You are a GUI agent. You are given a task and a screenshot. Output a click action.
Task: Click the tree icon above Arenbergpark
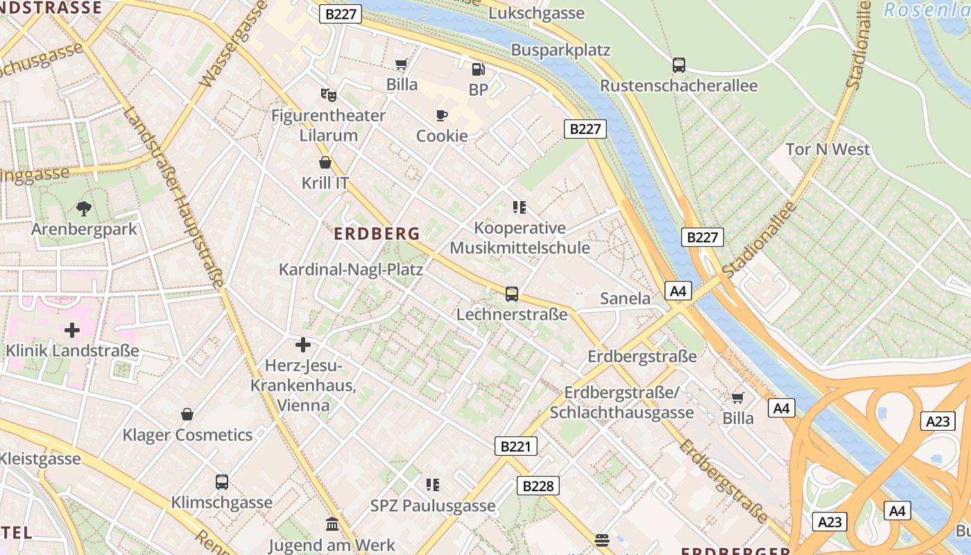coord(84,207)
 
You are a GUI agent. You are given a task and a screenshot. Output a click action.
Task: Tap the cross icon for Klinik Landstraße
coord(71,330)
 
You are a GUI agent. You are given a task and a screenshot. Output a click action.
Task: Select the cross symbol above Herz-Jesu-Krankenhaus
coord(302,344)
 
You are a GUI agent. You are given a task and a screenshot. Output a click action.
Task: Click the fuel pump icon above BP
coord(478,69)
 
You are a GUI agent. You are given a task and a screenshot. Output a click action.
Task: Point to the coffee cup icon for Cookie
coord(441,115)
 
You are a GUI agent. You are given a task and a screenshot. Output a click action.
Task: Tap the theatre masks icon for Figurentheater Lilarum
coord(328,94)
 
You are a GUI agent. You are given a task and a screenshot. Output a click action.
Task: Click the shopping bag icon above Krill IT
coord(325,162)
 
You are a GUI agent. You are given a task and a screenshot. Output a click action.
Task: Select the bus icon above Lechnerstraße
coord(511,293)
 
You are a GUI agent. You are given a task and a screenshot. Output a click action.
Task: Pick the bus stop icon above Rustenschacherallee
coord(678,65)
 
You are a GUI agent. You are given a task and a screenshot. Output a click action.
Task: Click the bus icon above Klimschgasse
coord(221,481)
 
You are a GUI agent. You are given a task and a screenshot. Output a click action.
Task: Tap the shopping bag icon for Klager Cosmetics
coord(187,414)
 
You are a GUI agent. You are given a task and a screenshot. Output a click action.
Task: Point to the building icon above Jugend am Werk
coord(332,524)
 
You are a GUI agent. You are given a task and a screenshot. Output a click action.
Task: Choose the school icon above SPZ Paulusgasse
coord(433,484)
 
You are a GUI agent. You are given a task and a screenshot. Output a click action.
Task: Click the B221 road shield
coord(516,446)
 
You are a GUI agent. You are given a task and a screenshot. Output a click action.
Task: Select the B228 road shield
coord(538,486)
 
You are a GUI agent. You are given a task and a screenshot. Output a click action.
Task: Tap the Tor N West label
coord(827,149)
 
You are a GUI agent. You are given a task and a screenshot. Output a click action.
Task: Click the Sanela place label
coord(625,299)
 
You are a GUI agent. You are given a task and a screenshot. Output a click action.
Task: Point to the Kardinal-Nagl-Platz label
coord(350,269)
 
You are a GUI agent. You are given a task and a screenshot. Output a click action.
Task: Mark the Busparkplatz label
coord(560,50)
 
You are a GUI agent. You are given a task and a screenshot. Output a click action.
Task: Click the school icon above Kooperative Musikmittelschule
coord(519,207)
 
